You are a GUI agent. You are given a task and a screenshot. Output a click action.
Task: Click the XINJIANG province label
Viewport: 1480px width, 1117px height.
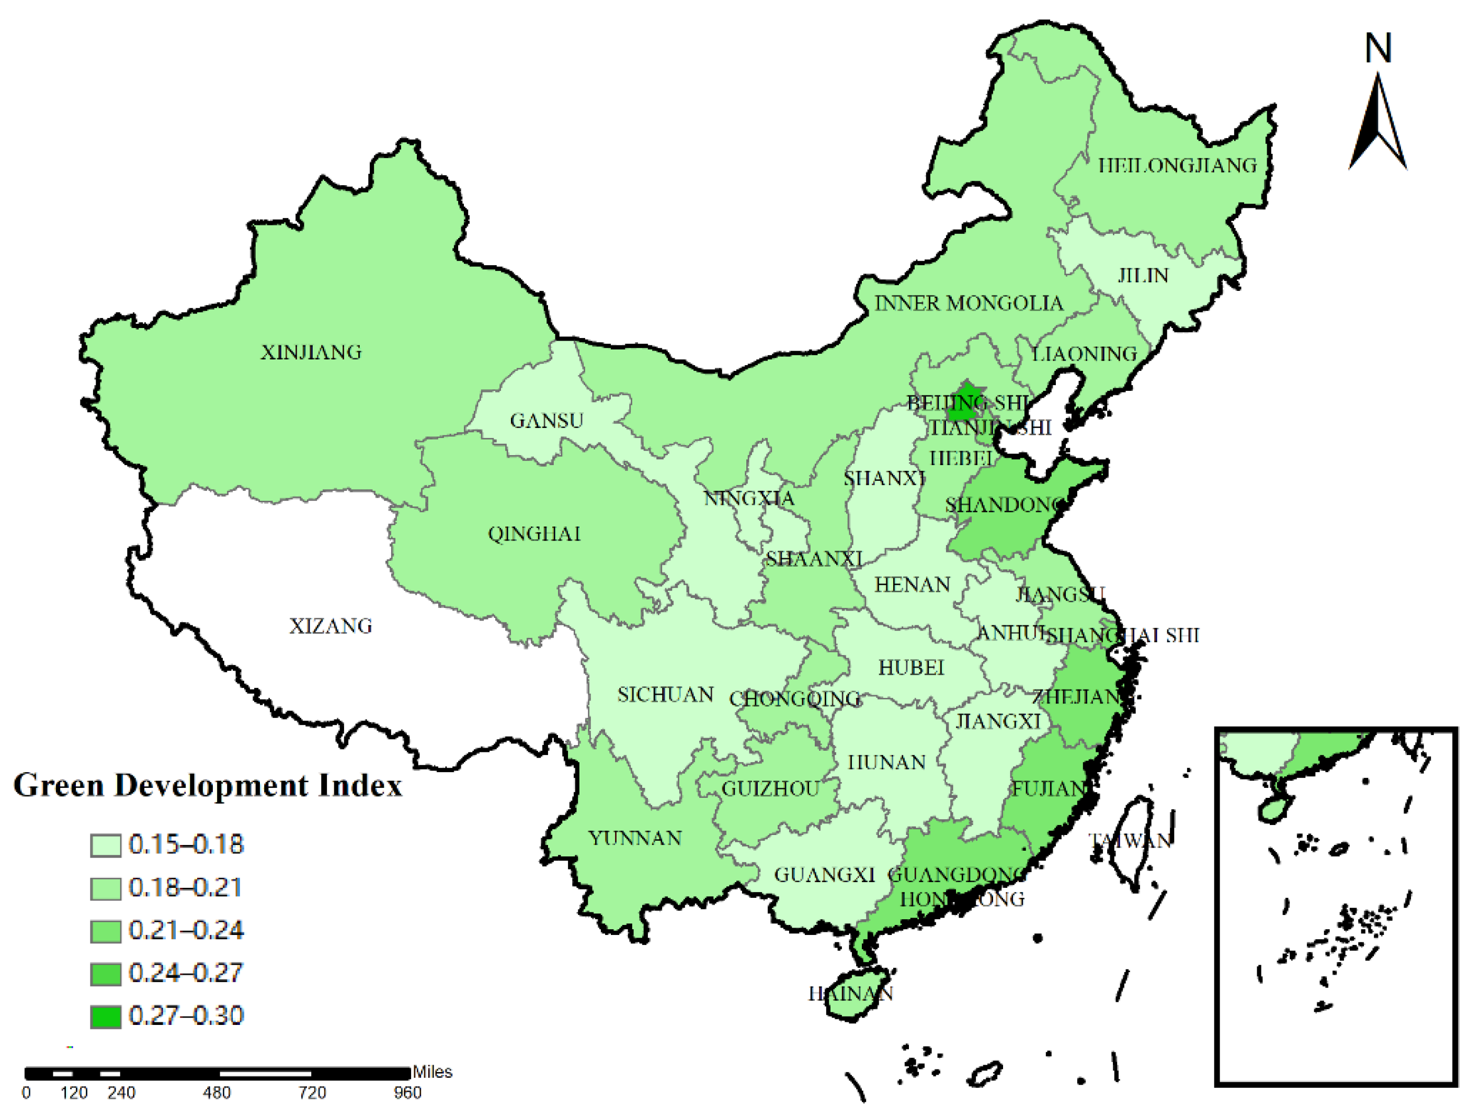(x=311, y=352)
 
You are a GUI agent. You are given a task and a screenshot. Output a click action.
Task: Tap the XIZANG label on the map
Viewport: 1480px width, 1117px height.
(x=331, y=626)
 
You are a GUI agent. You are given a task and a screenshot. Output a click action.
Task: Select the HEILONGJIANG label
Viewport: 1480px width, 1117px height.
(x=1178, y=165)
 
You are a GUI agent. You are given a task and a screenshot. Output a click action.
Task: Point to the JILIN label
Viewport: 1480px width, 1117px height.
(x=1143, y=275)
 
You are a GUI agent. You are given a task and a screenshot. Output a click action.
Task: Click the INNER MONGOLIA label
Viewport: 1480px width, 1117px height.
(x=969, y=303)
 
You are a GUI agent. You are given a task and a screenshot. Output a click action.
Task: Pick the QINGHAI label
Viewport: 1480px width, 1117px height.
(x=534, y=534)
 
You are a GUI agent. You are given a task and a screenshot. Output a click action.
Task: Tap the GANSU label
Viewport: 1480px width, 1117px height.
(x=547, y=420)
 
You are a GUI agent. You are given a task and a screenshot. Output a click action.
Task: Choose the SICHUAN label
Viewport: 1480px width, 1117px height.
(x=665, y=695)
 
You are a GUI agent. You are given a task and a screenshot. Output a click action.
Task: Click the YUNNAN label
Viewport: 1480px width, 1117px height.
(x=635, y=838)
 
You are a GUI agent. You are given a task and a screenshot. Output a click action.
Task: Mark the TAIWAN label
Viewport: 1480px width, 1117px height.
(x=1131, y=841)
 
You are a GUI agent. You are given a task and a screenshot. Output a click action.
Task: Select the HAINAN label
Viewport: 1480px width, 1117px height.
(x=850, y=993)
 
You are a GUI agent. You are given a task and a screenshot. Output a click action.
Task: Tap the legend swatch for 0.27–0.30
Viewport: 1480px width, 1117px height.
(x=106, y=1017)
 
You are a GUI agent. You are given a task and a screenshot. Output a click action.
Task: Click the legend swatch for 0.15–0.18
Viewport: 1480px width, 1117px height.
(x=106, y=845)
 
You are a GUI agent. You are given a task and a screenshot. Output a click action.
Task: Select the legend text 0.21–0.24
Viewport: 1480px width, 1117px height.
(x=186, y=930)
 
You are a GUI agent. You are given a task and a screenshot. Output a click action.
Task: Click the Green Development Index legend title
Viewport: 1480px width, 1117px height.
(x=208, y=786)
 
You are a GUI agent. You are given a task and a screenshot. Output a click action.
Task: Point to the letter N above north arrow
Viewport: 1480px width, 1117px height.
(x=1379, y=48)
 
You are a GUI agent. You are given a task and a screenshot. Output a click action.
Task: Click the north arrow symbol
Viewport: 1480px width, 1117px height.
(x=1377, y=124)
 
